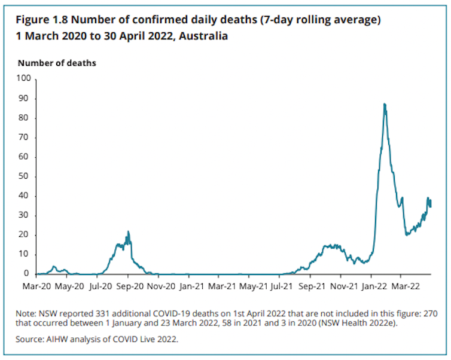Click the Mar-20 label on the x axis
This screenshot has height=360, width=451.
pos(37,286)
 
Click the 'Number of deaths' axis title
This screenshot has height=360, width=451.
pos(57,63)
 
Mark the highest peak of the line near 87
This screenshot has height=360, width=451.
pos(384,104)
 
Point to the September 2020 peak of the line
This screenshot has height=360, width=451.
pos(128,232)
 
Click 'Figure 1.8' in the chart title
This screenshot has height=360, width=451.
pos(41,21)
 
